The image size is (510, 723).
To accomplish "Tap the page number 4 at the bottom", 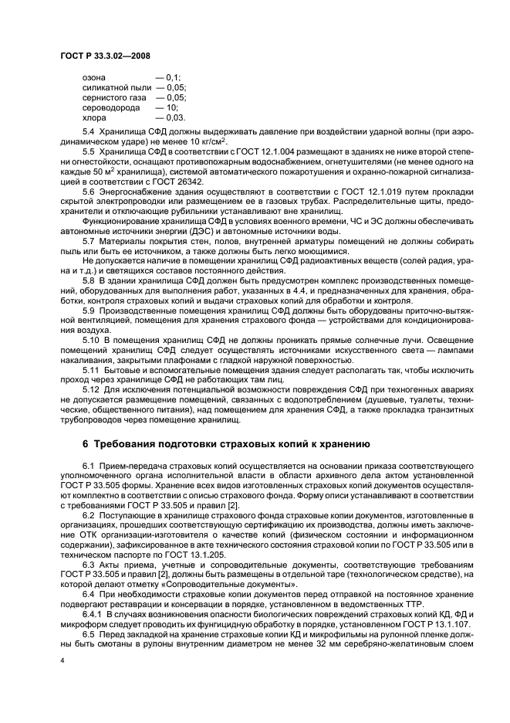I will tap(62, 661).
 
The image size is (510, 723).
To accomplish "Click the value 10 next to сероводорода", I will tap(171, 108).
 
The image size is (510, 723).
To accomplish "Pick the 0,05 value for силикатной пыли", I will tap(174, 88).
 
